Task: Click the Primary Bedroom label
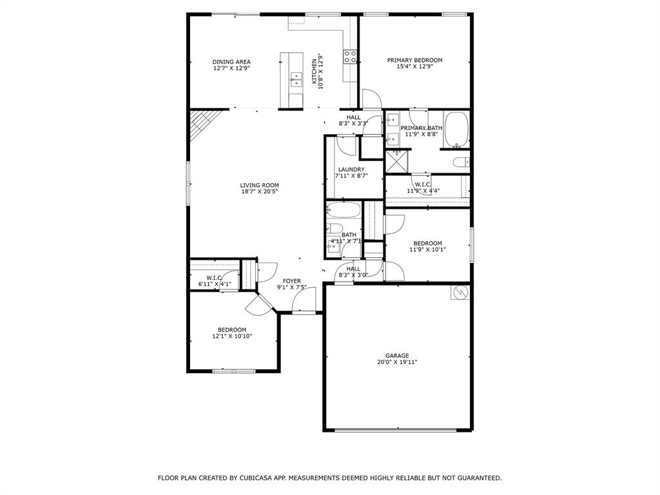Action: tap(414, 61)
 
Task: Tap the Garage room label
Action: tap(397, 355)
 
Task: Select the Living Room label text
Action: tap(260, 185)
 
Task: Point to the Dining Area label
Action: tap(231, 62)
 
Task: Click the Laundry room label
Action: tap(351, 170)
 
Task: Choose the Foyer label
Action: tap(291, 280)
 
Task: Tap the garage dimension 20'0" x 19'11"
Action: tap(397, 362)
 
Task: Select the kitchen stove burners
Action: tap(350, 57)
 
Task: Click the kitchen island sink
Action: tap(296, 79)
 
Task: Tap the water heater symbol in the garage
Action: tap(460, 292)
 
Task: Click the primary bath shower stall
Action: tap(396, 161)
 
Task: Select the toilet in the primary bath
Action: tap(460, 162)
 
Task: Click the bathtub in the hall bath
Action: tap(343, 210)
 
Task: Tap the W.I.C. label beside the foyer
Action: tap(214, 277)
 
